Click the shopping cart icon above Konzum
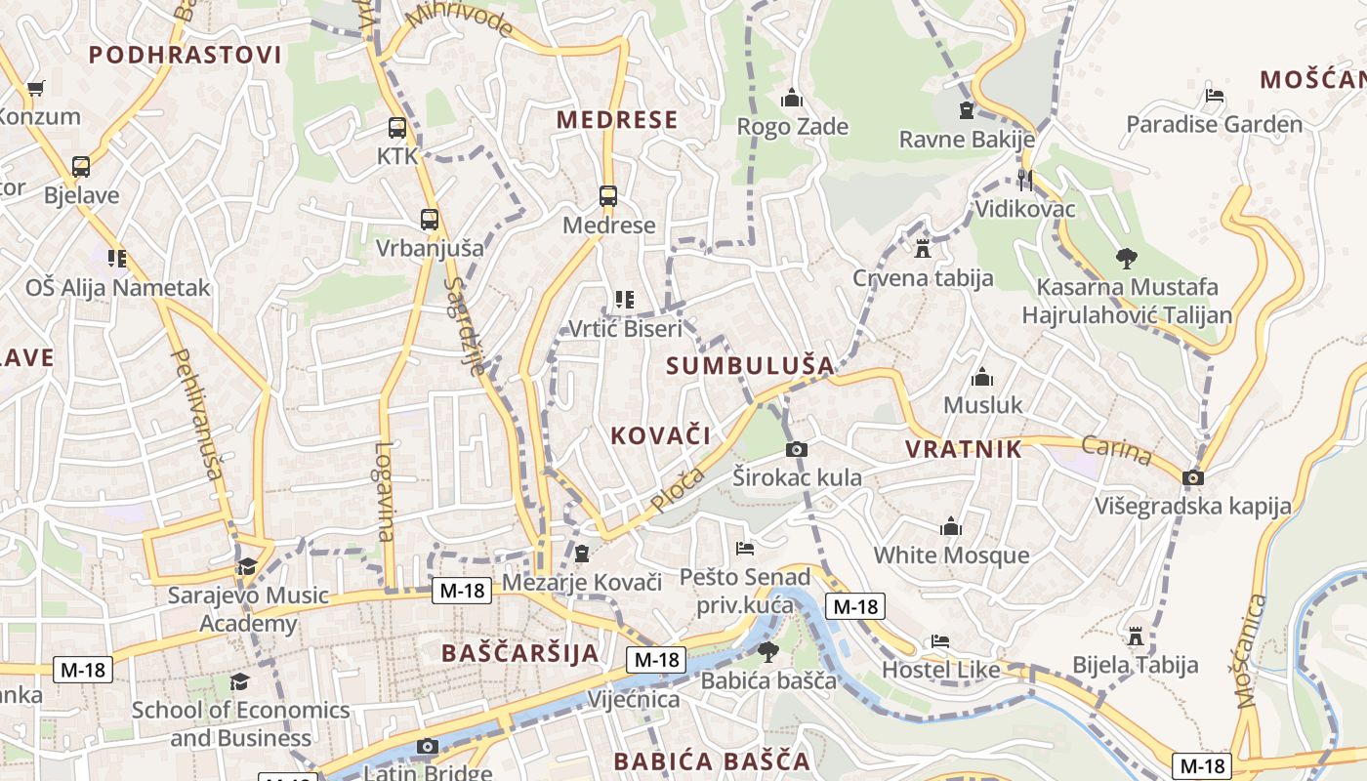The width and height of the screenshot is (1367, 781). coord(36,88)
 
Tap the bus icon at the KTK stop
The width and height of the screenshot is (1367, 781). coord(396,127)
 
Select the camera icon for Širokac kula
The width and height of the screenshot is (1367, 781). coord(797,449)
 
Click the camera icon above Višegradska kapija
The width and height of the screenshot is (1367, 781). coord(1192,477)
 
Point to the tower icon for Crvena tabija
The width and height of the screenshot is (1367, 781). coord(923,249)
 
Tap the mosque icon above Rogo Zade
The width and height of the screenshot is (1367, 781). coord(791,98)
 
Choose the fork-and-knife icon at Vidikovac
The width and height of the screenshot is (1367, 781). coord(1024,180)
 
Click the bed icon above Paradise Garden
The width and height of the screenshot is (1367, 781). coord(1215,96)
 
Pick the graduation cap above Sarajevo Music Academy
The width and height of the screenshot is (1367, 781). coord(247,566)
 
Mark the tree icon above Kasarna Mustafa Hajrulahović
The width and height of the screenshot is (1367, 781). coord(1127,259)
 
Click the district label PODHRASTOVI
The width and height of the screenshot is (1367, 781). coord(186,55)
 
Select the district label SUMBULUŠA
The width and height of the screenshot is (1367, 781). coord(750,366)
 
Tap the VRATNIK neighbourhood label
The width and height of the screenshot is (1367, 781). coord(963,449)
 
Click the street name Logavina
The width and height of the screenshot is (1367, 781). coord(385,491)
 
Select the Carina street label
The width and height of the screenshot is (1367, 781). coord(1116,450)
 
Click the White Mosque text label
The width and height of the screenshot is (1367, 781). coord(950,555)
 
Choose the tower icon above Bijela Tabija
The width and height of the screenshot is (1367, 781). coord(1135,636)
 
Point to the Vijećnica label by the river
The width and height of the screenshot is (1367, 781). coord(633,699)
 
